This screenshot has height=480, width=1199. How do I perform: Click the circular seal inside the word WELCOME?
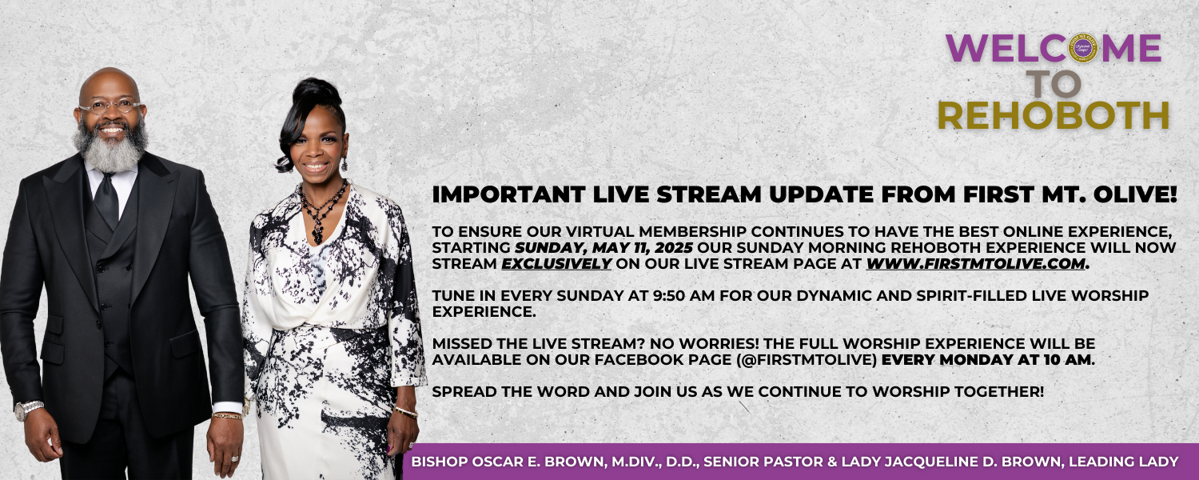pos(1082,48)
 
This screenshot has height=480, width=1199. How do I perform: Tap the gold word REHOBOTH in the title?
pos(1054,115)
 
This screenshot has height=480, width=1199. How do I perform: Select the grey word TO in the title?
pos(1053,83)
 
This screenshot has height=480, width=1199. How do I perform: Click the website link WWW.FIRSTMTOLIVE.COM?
pos(975,263)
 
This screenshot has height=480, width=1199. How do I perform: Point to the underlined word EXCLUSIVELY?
pos(556,263)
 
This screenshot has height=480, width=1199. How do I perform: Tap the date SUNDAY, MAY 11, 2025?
pos(603,248)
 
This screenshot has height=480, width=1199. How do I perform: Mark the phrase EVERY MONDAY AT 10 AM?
pos(987,359)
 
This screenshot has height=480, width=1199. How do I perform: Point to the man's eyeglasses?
pos(111,106)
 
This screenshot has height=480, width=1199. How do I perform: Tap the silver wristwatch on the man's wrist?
pos(28,410)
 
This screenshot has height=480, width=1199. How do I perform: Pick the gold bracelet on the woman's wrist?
pos(406,412)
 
